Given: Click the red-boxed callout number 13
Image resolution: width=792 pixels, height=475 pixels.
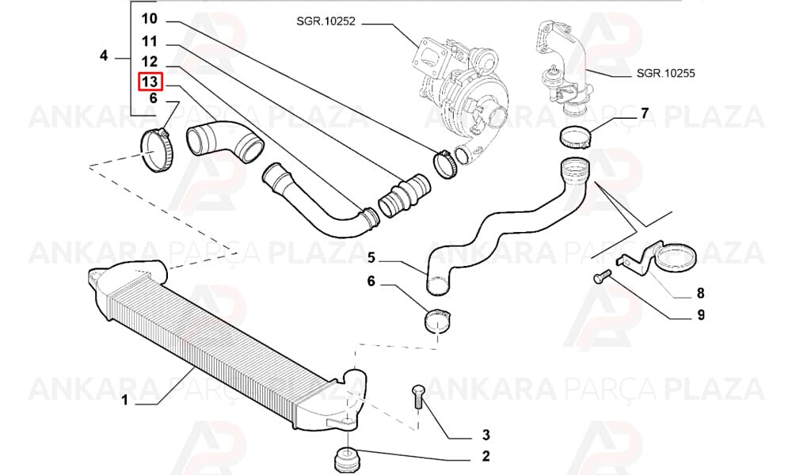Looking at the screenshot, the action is (x=150, y=82).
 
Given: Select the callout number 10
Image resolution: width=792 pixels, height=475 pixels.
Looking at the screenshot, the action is (x=149, y=19).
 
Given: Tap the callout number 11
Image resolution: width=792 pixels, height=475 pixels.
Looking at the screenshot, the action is (x=149, y=41).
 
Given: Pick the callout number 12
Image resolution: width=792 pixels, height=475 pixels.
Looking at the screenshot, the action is (x=149, y=62).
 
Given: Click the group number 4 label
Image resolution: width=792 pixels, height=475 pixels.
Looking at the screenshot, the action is (x=104, y=55).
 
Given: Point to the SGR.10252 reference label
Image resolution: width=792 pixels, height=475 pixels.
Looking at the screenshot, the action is (x=326, y=21).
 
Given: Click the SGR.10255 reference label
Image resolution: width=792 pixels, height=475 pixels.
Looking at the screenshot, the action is (x=666, y=73).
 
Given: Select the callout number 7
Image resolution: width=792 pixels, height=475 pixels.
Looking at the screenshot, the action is (x=644, y=113).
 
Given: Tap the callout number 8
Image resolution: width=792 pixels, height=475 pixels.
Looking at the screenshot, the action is (x=701, y=293).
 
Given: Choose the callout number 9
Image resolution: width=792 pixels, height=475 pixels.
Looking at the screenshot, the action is (x=701, y=315).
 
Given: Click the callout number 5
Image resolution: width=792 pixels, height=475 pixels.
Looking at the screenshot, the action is (x=371, y=258).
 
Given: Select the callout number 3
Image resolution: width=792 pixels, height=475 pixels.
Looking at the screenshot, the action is (x=485, y=434).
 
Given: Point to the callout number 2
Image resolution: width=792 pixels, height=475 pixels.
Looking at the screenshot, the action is (x=485, y=456).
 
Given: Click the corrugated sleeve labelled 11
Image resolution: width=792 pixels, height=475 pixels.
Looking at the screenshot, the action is (x=405, y=196).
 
